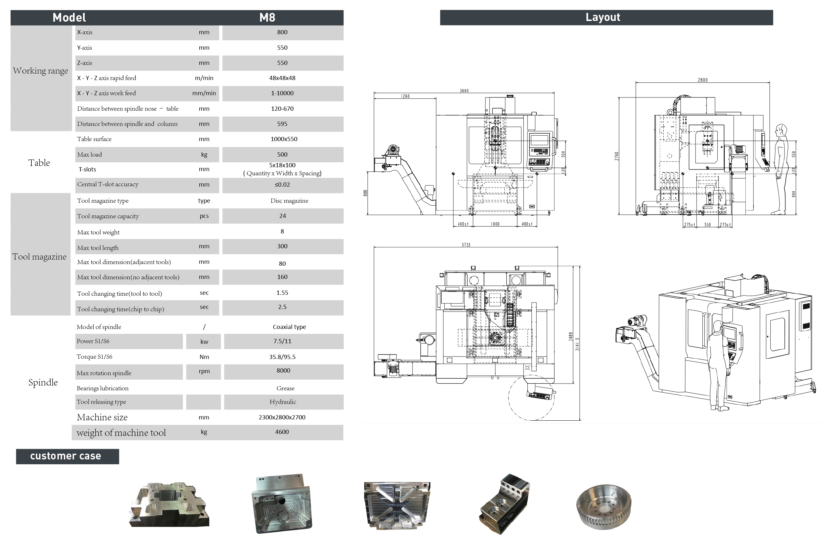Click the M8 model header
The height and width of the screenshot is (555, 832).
(x=267, y=17)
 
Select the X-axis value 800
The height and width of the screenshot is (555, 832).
(x=282, y=32)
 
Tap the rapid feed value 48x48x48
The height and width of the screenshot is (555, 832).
(x=282, y=78)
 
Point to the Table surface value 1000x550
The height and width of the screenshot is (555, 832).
(x=284, y=139)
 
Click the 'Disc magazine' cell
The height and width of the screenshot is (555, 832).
(x=290, y=201)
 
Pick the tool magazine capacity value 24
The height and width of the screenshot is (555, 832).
(x=282, y=216)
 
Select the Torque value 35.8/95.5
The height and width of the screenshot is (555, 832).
(x=282, y=357)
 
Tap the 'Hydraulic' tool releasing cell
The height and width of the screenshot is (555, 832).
(x=283, y=402)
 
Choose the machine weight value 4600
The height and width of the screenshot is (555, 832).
(x=282, y=432)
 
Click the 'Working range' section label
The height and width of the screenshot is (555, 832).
(x=40, y=71)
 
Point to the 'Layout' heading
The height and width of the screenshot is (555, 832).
(x=603, y=17)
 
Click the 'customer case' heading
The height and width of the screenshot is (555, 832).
(x=66, y=456)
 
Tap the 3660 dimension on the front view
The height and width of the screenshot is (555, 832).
(x=464, y=91)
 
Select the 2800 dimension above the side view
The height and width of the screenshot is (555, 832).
(x=702, y=80)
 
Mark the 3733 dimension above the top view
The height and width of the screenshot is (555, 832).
(x=466, y=245)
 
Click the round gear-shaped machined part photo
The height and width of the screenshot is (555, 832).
(x=604, y=507)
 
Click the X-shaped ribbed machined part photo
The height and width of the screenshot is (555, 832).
(x=397, y=506)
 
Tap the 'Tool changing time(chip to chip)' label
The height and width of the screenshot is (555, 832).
(x=121, y=309)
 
